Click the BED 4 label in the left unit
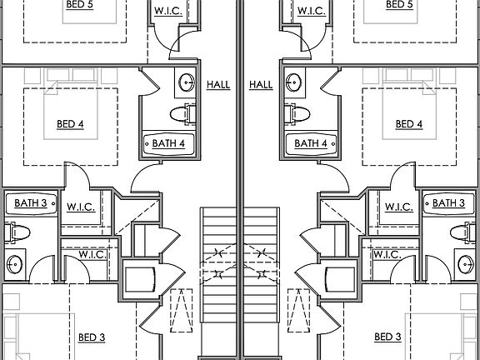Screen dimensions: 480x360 pyautogui.click(x=70, y=124)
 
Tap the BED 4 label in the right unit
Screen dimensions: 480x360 pyautogui.click(x=409, y=124)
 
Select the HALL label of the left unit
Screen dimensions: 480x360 pyautogui.click(x=218, y=85)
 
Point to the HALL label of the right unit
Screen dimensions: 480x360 pyautogui.click(x=261, y=85)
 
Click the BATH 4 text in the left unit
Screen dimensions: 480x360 pyautogui.click(x=168, y=143)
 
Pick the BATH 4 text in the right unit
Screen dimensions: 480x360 pyautogui.click(x=311, y=143)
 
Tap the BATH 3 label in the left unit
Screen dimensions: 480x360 pyautogui.click(x=31, y=203)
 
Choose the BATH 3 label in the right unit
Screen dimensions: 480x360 pyautogui.click(x=449, y=203)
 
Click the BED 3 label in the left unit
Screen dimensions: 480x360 pyautogui.click(x=92, y=337)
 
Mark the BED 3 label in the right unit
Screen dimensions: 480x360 pyautogui.click(x=387, y=337)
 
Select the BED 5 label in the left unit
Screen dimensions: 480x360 pyautogui.click(x=80, y=5)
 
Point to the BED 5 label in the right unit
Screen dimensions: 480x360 pyautogui.click(x=399, y=5)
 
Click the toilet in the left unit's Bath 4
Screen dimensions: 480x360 pyautogui.click(x=183, y=114)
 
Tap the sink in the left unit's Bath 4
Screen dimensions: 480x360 pyautogui.click(x=187, y=82)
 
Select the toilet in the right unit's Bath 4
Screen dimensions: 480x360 pyautogui.click(x=297, y=114)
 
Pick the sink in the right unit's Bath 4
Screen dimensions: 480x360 pyautogui.click(x=293, y=82)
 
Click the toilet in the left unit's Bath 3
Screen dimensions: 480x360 pyautogui.click(x=17, y=232)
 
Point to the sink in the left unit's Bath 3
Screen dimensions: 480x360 pyautogui.click(x=14, y=264)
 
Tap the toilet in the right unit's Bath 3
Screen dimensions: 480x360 pyautogui.click(x=462, y=232)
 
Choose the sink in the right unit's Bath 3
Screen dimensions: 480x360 pyautogui.click(x=466, y=264)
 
